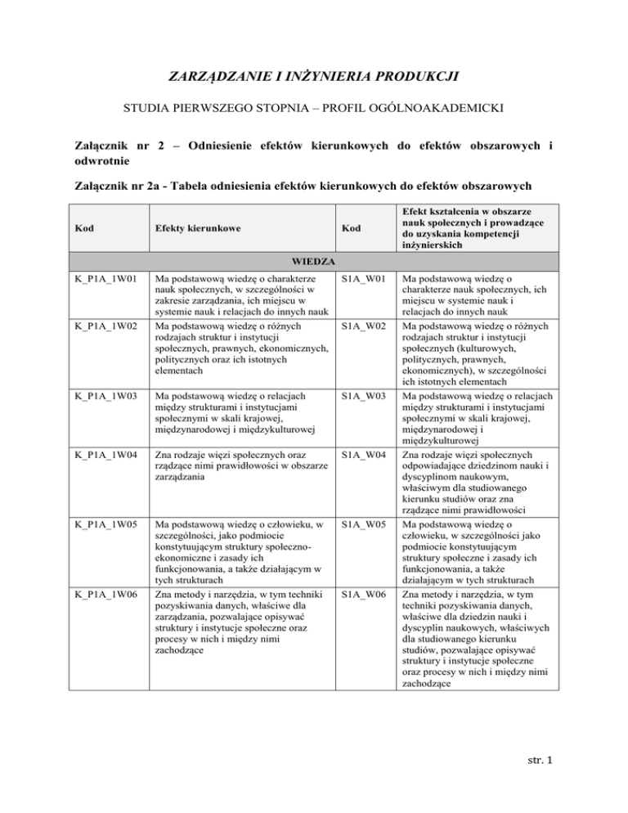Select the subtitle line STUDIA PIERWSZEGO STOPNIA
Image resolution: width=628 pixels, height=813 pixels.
(x=314, y=109)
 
